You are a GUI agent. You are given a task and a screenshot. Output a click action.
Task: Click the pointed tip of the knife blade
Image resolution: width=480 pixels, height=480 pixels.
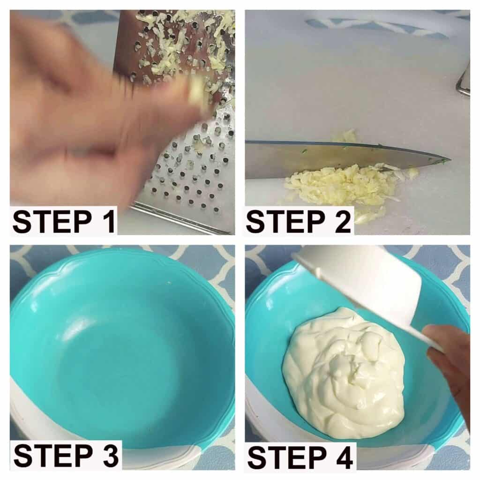pos(450,159)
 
